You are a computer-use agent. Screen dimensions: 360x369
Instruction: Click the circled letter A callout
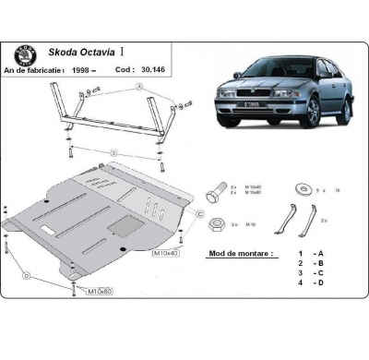[139, 87]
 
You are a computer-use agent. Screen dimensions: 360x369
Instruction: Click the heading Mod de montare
[241, 252]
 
